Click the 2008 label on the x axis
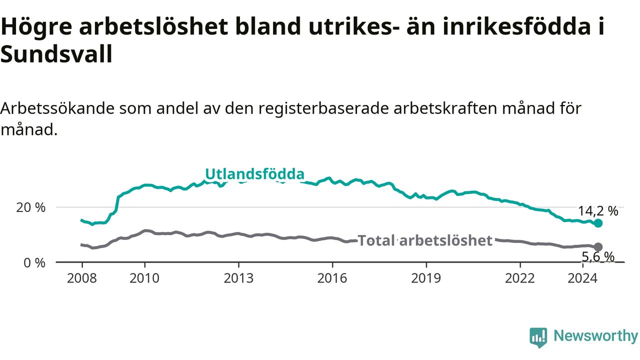81,278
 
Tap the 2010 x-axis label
144,278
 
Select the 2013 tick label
238,278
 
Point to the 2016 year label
332,278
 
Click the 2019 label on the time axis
426,278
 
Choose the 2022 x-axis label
519,278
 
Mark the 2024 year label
582,278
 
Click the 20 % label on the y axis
30,207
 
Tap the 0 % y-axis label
34,263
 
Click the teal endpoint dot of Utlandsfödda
598,223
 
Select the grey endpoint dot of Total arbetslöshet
598,247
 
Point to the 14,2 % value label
598,211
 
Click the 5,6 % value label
598,257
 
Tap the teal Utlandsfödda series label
255,173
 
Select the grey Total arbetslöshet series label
425,240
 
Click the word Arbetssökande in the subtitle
57,108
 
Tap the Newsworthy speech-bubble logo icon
538,337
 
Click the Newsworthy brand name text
595,336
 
